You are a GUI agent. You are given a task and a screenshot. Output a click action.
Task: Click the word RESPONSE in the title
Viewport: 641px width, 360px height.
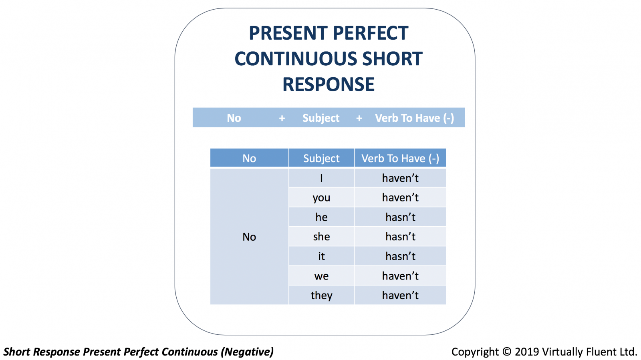(329, 84)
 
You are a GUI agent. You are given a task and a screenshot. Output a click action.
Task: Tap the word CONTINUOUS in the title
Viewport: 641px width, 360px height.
(296, 58)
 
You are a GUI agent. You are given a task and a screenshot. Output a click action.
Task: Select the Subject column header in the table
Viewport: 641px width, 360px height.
(321, 158)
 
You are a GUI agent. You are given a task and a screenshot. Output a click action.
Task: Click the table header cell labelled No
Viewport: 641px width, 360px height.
(249, 158)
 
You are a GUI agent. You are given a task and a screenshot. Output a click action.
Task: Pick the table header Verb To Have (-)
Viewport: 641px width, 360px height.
(400, 158)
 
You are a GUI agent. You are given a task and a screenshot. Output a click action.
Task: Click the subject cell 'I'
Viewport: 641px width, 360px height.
(321, 178)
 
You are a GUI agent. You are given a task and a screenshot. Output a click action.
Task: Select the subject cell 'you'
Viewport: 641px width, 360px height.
(321, 197)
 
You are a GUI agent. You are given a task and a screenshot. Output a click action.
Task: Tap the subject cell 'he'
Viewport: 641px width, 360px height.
(321, 217)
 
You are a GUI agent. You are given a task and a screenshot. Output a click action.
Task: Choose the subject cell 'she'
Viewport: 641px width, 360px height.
(321, 237)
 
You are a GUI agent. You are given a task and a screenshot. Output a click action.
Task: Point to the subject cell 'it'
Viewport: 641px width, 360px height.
(321, 256)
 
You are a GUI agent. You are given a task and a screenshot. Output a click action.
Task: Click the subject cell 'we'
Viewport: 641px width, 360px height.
(321, 276)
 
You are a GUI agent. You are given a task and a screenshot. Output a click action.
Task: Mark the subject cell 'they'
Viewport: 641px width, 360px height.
(321, 295)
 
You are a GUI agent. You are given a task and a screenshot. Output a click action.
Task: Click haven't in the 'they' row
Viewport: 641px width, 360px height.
(400, 295)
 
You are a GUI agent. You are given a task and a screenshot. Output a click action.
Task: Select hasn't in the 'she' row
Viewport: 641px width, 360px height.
(400, 237)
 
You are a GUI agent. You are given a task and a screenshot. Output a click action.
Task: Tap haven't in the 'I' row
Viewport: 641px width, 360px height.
(400, 178)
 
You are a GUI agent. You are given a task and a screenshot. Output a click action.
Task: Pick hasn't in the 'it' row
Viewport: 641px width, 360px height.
(400, 256)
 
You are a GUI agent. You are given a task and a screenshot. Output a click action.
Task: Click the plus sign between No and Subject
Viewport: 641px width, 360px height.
(282, 118)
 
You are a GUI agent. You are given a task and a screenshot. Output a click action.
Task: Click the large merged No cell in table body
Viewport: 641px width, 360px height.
(249, 237)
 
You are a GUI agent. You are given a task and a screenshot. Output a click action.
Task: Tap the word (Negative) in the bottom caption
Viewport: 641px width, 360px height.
(247, 352)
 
